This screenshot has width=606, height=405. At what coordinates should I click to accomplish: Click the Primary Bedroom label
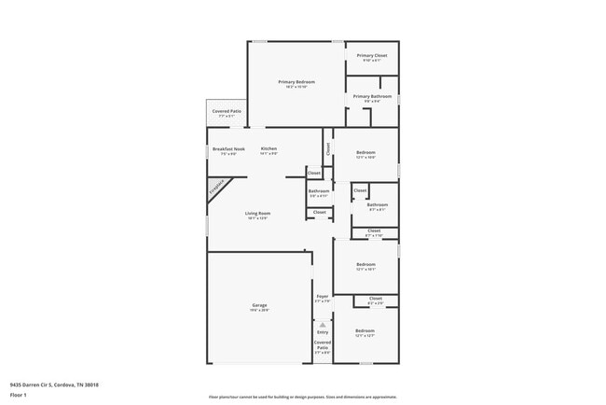tap(296, 82)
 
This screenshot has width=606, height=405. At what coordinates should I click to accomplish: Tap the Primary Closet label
tap(372, 55)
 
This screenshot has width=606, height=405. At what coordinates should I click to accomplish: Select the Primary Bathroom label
tap(372, 96)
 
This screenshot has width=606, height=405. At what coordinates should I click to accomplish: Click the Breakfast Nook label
tap(228, 149)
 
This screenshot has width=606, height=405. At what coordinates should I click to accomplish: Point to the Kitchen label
tap(269, 149)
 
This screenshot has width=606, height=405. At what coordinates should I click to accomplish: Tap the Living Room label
tap(257, 215)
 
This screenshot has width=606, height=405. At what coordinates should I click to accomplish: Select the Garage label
tap(259, 305)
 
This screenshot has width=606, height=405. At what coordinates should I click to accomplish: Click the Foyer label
tap(321, 297)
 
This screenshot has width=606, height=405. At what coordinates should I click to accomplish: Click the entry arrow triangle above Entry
tap(323, 324)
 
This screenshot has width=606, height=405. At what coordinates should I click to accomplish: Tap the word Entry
tap(323, 332)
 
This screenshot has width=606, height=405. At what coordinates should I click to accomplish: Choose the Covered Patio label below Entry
tap(322, 345)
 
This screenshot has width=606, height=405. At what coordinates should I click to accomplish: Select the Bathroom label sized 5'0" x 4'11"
tap(319, 191)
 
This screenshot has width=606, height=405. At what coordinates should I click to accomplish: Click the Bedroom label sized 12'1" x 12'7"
tap(365, 331)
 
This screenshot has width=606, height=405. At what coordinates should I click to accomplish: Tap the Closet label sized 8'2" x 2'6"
tap(375, 299)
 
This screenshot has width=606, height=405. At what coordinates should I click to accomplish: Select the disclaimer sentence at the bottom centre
tap(302, 397)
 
